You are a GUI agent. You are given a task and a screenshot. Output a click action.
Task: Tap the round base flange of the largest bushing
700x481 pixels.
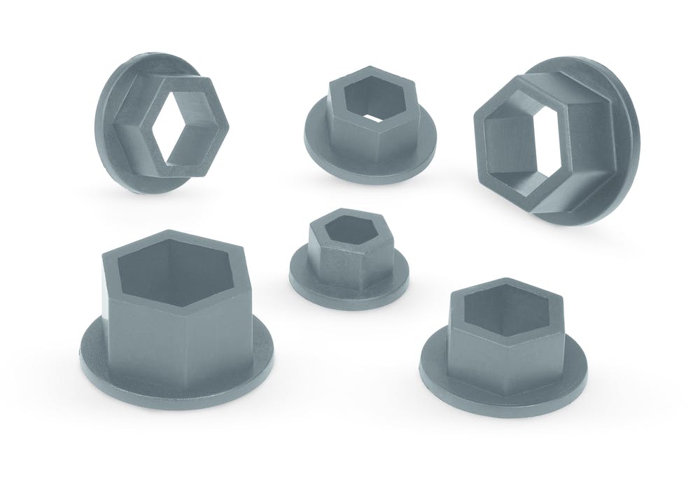pos(105,364)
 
